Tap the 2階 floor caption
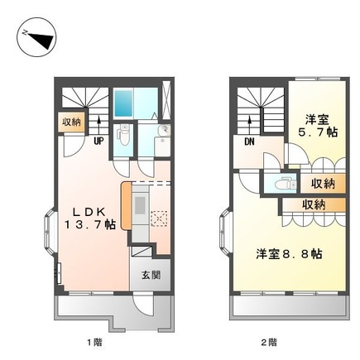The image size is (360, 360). [x=270, y=340]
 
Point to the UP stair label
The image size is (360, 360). [x=98, y=141]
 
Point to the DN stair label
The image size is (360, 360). [x=247, y=142]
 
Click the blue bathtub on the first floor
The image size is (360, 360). [x=127, y=103]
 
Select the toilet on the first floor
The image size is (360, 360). [x=122, y=133]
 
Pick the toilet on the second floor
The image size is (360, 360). [x=275, y=184]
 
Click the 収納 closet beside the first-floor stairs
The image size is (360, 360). [x=71, y=122]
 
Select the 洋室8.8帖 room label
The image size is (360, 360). [x=287, y=253]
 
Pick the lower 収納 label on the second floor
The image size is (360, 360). [x=312, y=204]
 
